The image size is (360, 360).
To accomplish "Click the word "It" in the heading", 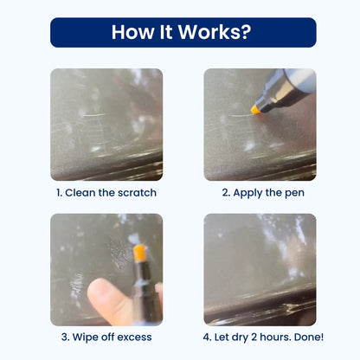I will [x=170, y=32].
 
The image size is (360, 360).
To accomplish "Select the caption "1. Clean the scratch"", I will [x=106, y=193].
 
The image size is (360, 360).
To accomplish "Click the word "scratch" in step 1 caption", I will [x=136, y=193].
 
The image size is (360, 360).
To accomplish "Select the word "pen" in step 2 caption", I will [x=292, y=193].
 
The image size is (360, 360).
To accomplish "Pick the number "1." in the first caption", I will [x=59, y=193].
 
